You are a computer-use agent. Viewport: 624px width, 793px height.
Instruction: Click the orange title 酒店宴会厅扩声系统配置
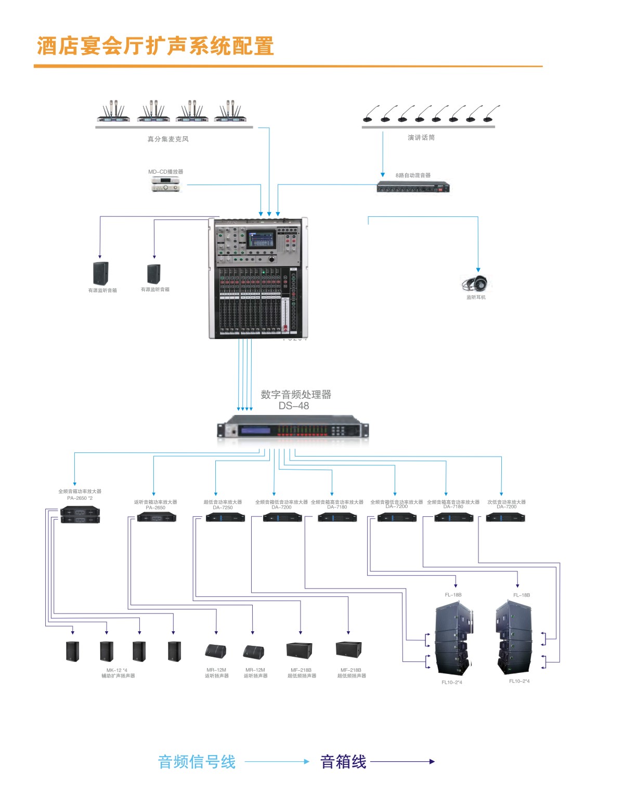155,46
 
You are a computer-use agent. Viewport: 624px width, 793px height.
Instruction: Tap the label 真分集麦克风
168,139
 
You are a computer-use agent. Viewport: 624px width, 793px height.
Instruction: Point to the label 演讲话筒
421,137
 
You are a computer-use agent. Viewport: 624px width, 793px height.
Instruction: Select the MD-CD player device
165,184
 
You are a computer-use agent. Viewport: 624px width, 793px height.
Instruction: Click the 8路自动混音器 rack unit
413,187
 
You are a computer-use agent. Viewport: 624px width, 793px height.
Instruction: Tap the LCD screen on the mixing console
261,240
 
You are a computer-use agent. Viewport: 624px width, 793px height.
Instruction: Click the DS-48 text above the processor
293,406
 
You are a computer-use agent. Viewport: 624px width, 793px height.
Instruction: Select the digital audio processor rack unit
292,431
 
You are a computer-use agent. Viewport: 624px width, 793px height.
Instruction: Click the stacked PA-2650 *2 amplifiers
80,515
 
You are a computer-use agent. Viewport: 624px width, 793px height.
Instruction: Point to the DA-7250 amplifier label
223,508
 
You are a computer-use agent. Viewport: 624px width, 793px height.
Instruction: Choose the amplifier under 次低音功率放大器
505,517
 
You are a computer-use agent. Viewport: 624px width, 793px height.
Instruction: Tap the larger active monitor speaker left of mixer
100,273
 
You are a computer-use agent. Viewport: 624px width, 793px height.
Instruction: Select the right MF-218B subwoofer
348,650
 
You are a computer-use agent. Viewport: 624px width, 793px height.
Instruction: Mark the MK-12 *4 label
117,670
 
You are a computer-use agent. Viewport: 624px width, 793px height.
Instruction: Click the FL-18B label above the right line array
521,595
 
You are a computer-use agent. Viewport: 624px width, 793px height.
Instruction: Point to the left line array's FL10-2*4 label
451,682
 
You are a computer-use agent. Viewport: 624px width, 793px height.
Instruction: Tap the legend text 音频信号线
197,762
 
